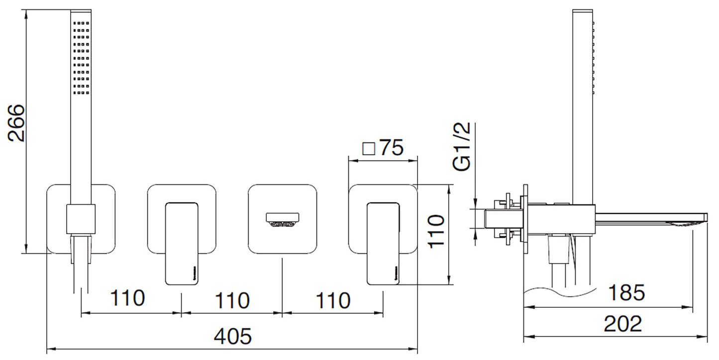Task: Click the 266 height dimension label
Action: pos(17,123)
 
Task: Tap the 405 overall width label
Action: pos(233,337)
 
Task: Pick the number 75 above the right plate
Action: pos(391,148)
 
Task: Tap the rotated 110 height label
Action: pos(436,231)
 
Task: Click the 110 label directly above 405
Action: pos(231,300)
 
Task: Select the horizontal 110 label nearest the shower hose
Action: pos(127,298)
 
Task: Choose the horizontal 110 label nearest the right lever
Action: pos(332,300)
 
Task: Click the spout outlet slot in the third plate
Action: pos(283,219)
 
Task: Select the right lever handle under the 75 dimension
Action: pos(384,244)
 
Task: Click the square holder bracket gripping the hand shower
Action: pos(80,218)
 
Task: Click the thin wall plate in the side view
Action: pos(525,219)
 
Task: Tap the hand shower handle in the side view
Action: pos(581,99)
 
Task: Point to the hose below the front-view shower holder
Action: pos(81,269)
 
